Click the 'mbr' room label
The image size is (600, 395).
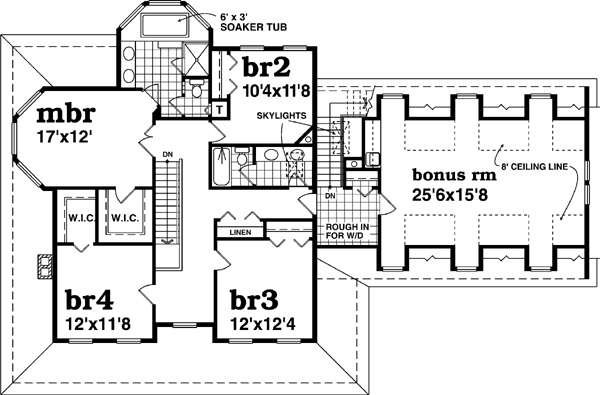(48, 111)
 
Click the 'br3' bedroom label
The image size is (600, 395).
(254, 299)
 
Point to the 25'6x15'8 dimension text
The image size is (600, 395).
(456, 196)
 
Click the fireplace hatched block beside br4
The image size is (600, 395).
(43, 265)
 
